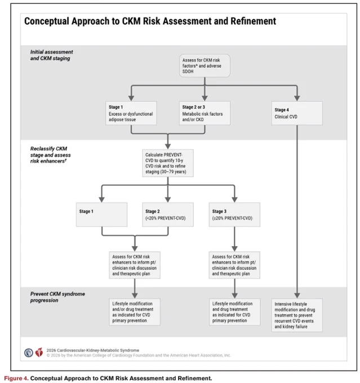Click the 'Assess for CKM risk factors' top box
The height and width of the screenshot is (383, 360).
(x=205, y=66)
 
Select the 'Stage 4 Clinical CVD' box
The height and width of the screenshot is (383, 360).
(x=297, y=113)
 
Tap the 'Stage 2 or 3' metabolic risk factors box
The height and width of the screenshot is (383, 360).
(x=205, y=113)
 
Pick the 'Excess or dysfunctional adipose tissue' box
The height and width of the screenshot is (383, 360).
(x=131, y=113)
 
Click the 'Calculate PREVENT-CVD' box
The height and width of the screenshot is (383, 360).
(x=168, y=163)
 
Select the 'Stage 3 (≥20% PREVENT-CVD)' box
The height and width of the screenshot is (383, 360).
(x=234, y=215)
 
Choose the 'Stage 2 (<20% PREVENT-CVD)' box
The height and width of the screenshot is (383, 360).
(x=168, y=215)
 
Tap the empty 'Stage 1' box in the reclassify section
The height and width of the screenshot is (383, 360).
(x=101, y=215)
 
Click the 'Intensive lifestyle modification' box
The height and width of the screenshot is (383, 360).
(x=297, y=315)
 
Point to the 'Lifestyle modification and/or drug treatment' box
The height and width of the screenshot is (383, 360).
(x=135, y=312)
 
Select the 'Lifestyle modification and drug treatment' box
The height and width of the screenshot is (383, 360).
(x=235, y=312)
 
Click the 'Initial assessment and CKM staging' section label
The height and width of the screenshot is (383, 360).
(x=52, y=55)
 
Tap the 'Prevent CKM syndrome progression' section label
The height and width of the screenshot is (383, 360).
(x=57, y=297)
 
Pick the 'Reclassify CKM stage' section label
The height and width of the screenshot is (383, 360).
(x=50, y=155)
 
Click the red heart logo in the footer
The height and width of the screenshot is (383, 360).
(x=39, y=352)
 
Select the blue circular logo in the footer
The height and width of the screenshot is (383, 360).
(x=29, y=353)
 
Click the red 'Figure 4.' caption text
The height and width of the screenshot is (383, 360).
(x=16, y=378)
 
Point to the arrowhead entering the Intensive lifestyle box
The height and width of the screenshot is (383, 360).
(x=297, y=296)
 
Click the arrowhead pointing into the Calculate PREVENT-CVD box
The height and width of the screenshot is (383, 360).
(x=168, y=146)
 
